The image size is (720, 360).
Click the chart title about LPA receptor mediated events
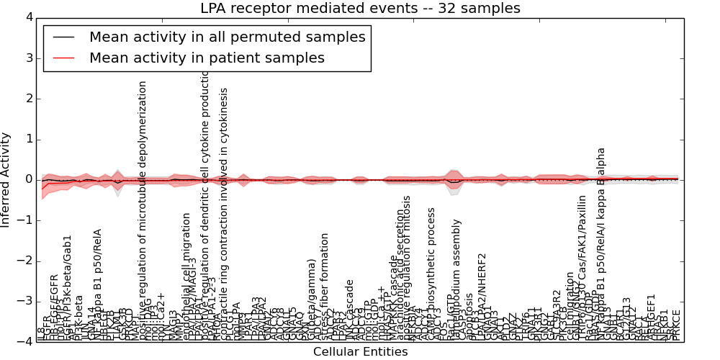coord(360,8)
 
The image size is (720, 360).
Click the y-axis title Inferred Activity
coord(6,180)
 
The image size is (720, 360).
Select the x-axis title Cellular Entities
coord(360,352)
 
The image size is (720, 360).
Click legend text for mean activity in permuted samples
coord(227,37)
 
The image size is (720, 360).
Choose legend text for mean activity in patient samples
coord(207,58)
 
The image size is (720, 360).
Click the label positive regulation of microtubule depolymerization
coord(142,209)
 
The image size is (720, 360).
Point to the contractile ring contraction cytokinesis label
coord(224,216)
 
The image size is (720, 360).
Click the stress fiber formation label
coord(325,284)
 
